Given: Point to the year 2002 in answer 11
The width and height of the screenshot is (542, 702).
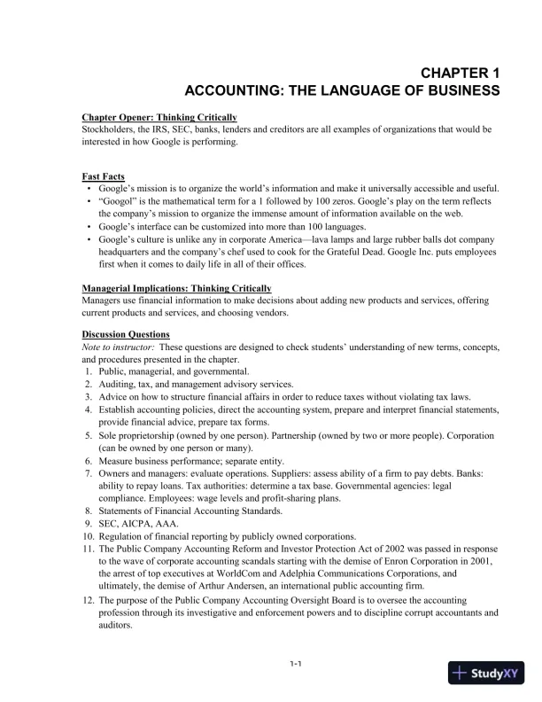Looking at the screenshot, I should coord(356,549).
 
